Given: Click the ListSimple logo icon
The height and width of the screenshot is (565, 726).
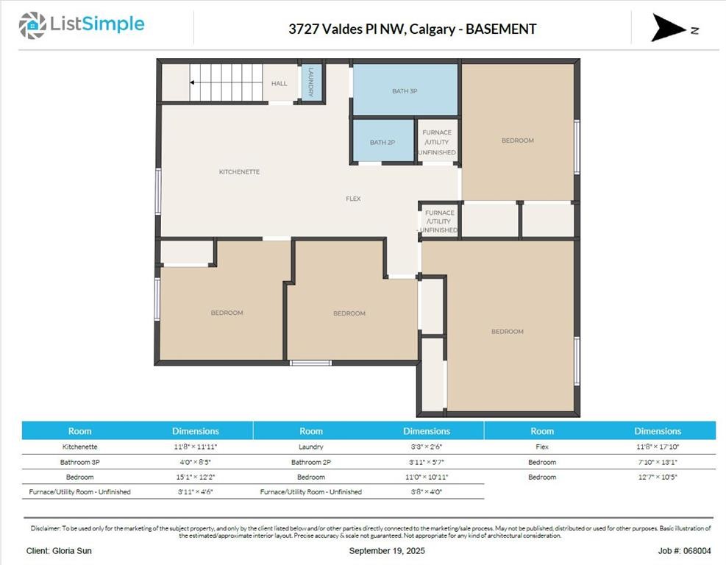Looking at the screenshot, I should pos(32,25).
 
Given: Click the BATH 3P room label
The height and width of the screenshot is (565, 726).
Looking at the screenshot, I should pos(405,91).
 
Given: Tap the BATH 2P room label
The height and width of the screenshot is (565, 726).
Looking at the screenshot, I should pos(382,143).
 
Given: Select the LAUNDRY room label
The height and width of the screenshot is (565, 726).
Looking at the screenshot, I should pos(311,82).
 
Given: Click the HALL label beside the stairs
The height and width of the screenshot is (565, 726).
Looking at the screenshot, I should pos(280,84).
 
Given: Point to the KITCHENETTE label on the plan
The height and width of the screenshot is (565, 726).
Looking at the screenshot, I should pos(239,172).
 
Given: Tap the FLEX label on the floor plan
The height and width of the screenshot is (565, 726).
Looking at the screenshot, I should pos(353,199).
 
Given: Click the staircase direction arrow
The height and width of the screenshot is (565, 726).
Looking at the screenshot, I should pos(193,82).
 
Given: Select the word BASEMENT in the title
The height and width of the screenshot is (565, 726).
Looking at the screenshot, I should pos(501,29).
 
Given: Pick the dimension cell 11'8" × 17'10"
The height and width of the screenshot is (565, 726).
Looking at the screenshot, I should pos(658,447).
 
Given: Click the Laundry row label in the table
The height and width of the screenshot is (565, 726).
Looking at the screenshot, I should pos(311,447).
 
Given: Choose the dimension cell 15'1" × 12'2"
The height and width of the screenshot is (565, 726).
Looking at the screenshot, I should pos(195,477).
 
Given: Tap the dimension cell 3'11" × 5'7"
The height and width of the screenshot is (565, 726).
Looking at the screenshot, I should pos(427,462).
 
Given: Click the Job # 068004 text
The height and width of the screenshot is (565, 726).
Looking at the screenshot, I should pos(684,550).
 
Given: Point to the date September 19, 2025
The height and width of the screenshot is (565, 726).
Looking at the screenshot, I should pos(387,550).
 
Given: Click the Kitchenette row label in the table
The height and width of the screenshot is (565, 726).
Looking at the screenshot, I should pos(79,447).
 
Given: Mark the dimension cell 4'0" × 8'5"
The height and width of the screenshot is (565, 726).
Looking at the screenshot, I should pos(195,462).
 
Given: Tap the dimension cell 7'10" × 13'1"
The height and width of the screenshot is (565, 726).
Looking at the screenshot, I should pos(658,462).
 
